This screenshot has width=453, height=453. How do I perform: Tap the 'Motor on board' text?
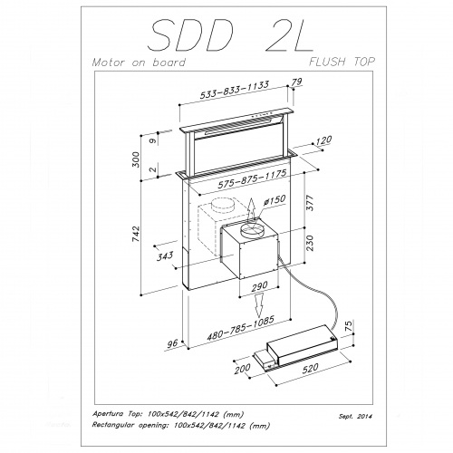point(139,63)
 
